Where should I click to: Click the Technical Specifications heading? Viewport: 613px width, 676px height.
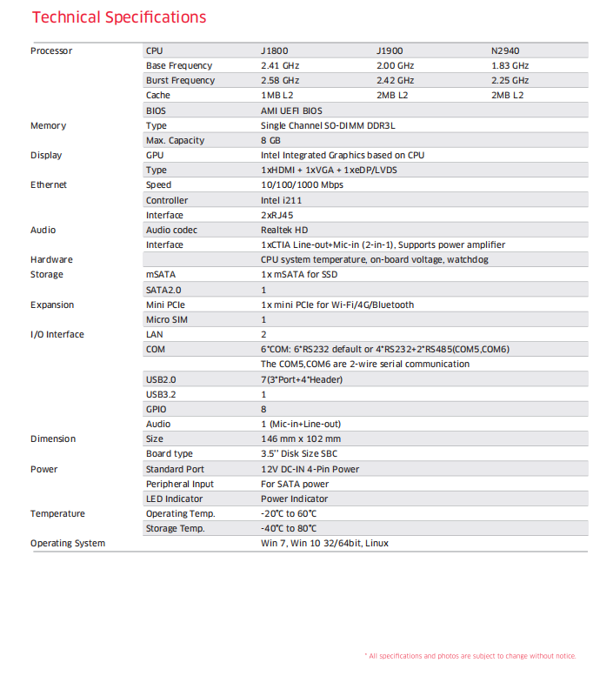click(118, 17)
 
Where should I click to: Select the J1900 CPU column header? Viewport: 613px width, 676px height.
click(390, 50)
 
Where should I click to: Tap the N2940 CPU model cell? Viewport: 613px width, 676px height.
click(506, 50)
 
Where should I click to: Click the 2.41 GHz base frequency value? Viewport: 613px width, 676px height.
click(280, 65)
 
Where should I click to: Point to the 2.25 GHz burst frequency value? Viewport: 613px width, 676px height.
click(510, 80)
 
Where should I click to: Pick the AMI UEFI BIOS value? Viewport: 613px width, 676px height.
click(291, 110)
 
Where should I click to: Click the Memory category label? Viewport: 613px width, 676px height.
click(48, 125)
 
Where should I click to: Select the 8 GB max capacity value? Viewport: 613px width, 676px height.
click(270, 140)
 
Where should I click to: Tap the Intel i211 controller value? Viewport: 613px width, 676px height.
click(282, 200)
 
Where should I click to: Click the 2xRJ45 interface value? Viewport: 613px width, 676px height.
click(277, 215)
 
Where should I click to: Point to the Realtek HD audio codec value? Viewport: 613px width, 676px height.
click(284, 230)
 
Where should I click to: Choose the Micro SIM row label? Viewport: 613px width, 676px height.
click(166, 319)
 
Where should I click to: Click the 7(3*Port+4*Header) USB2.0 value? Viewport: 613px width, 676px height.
click(302, 379)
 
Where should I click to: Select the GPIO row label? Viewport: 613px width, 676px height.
click(157, 409)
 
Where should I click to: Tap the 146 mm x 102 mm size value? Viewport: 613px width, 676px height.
click(301, 438)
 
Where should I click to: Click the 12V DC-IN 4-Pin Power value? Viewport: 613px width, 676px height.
click(310, 469)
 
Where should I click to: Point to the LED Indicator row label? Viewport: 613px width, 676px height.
click(174, 499)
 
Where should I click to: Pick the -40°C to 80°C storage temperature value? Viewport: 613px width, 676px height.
click(289, 528)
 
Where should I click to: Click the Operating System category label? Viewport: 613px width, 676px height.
click(68, 543)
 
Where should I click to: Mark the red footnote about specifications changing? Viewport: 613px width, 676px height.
click(470, 656)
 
